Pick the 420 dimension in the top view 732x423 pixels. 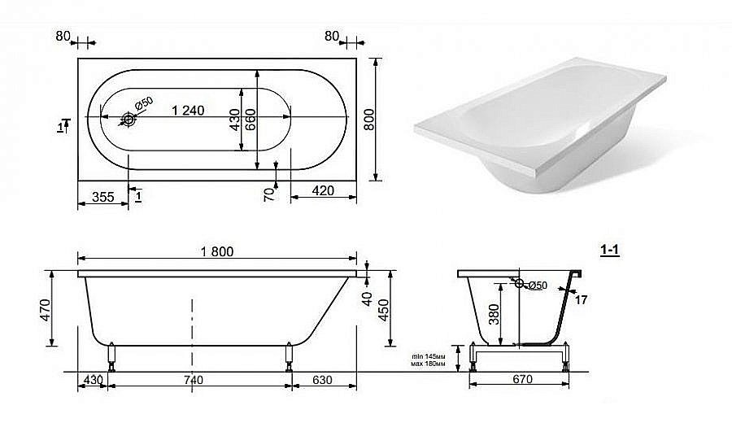tap(324, 192)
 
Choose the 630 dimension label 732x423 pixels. tap(324, 379)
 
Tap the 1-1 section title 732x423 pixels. tap(610, 251)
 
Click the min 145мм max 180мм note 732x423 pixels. tap(429, 360)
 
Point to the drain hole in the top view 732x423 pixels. tap(129, 120)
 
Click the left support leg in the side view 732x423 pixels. tap(110, 357)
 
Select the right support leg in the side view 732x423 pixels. tap(289, 357)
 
